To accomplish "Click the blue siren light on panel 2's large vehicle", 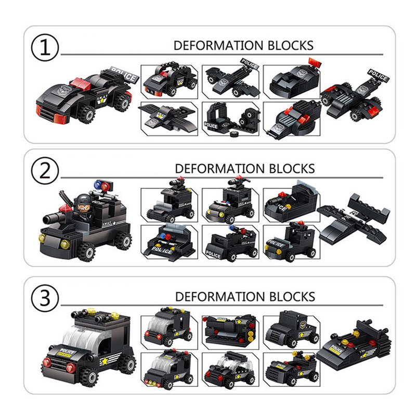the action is tap(97, 184).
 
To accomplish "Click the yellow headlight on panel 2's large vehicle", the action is tap(66, 244).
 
